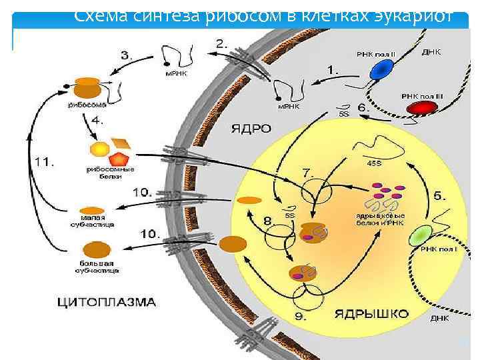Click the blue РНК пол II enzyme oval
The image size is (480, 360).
point(383,69)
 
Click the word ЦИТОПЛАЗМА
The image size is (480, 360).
point(107,302)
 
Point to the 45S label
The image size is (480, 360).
point(375,161)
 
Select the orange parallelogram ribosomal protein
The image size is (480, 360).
point(122,142)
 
